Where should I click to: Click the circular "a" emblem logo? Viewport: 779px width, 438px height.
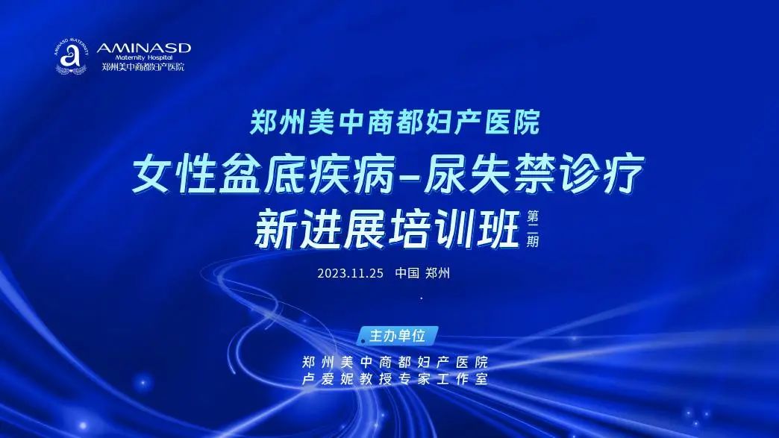click(71, 57)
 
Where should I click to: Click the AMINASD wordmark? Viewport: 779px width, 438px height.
click(143, 49)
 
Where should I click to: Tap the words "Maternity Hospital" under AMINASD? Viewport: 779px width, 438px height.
click(143, 57)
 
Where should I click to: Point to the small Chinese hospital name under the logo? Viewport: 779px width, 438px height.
click(143, 66)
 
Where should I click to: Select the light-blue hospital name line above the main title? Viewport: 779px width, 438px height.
click(395, 122)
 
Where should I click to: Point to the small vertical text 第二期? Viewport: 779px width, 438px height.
click(533, 229)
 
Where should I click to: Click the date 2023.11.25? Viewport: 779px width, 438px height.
click(350, 273)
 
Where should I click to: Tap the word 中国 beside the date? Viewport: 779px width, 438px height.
click(407, 273)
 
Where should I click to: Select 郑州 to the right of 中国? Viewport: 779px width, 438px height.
click(438, 273)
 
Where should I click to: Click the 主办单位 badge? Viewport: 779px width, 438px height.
click(398, 336)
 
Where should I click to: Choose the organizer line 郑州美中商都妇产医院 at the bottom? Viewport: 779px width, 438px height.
click(395, 362)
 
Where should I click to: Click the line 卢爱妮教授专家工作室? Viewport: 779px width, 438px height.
click(395, 379)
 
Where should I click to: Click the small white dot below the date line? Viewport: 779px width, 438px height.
click(422, 298)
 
